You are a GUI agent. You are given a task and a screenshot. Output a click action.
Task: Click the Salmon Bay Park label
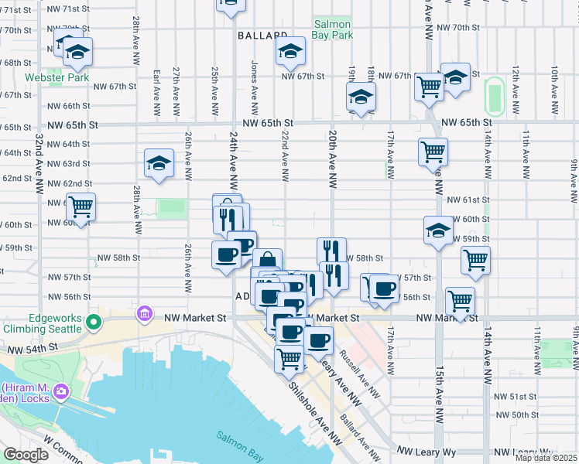pyautogui.click(x=333, y=29)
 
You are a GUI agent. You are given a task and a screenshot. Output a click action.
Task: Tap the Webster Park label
pyautogui.click(x=57, y=77)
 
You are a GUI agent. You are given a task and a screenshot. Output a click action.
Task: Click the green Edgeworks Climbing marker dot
pyautogui.click(x=94, y=322)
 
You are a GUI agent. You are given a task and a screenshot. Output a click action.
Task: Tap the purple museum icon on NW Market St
pyautogui.click(x=144, y=315)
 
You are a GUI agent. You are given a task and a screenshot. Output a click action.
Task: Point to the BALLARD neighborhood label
pyautogui.click(x=262, y=36)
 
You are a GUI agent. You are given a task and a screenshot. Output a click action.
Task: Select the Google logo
pyautogui.click(x=26, y=455)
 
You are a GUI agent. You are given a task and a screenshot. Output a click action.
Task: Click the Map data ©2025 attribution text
pyautogui.click(x=546, y=458)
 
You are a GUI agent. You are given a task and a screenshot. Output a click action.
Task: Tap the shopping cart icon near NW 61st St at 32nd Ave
pyautogui.click(x=80, y=206)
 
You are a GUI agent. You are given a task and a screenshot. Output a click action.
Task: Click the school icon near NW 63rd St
pyautogui.click(x=159, y=164)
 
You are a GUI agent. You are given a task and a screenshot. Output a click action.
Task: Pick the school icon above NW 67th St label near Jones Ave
pyautogui.click(x=290, y=51)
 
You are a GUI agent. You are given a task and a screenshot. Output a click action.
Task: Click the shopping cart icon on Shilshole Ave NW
pyautogui.click(x=289, y=357)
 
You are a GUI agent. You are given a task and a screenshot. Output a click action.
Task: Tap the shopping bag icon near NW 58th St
pyautogui.click(x=267, y=261)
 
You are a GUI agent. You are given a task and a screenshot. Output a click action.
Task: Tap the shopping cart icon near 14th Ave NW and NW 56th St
pyautogui.click(x=461, y=299)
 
